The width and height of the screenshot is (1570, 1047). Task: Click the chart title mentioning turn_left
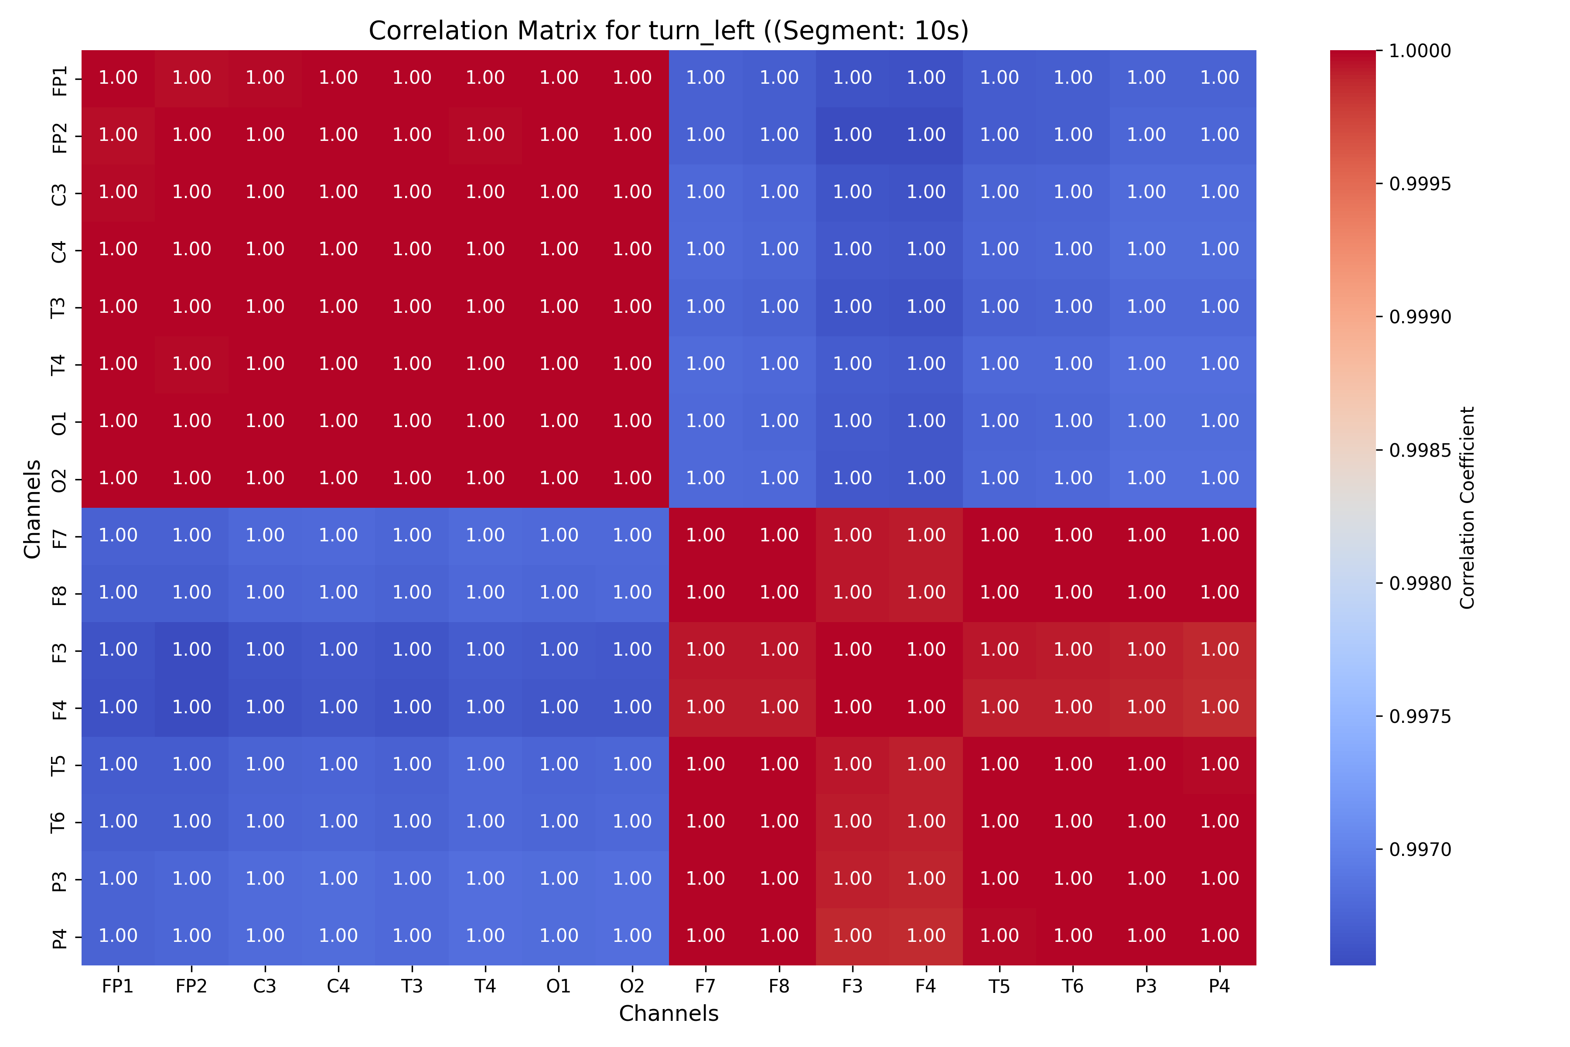pos(668,31)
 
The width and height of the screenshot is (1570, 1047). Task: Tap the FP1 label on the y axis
pos(59,79)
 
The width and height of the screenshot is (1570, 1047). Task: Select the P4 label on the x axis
pos(1219,986)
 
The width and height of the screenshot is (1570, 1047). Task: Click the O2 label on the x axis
pos(631,986)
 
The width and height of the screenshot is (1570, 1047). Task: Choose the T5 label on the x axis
pos(999,986)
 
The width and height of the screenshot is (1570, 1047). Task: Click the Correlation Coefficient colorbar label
pos(1467,507)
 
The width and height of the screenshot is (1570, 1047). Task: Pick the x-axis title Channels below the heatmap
pos(668,1013)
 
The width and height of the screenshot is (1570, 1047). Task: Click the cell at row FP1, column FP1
pos(118,78)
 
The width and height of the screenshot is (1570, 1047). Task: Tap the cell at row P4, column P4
pos(1219,935)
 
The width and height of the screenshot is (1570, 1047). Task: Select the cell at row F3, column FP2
pos(191,650)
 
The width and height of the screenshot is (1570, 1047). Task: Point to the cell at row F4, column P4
pos(1219,707)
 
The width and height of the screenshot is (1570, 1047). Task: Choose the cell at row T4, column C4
pos(338,364)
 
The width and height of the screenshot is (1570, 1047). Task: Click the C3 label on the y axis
pos(59,193)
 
